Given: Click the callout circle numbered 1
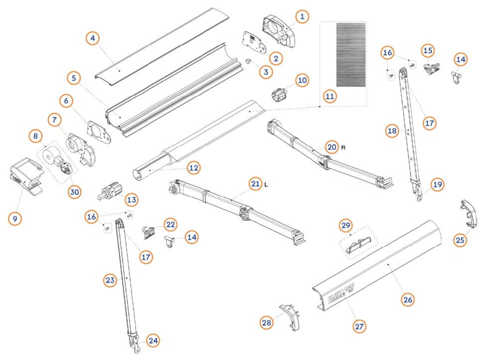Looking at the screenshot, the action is pos(302,16).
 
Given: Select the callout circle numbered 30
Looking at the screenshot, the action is pos(74,192).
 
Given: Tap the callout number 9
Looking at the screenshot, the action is pos(15,218).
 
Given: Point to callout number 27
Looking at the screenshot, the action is pos(359,326).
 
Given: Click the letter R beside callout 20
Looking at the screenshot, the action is pos(343,148).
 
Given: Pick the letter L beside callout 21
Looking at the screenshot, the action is pos(266,184).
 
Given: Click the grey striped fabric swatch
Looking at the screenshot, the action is pos(351,55).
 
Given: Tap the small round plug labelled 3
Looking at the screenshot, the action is pos(249,61).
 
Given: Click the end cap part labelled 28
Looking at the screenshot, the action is pos(290,317).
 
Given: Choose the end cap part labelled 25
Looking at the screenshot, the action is pos(470,213).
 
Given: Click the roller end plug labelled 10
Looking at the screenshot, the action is pos(280,94).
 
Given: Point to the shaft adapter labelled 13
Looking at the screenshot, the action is pos(110,191).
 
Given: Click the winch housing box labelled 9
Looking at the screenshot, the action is pos(26,177).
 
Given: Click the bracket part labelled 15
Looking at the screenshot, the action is pos(431,68).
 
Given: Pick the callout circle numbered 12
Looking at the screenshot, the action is pos(194,168).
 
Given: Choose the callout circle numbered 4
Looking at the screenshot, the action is pos(92,38).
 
